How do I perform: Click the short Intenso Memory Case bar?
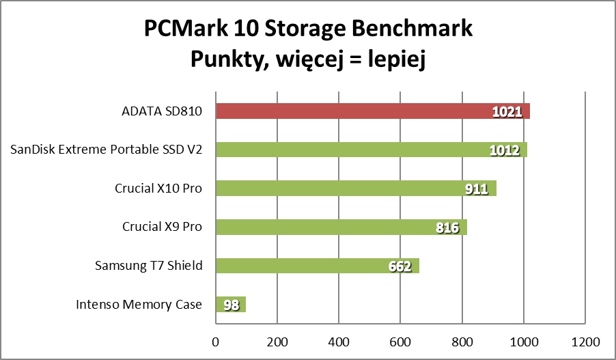pyautogui.click(x=225, y=305)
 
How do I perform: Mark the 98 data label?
pyautogui.click(x=232, y=305)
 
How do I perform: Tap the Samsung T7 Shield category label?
pyautogui.click(x=148, y=266)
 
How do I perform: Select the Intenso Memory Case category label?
pyautogui.click(x=139, y=305)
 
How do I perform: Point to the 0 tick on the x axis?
pyautogui.click(x=216, y=341)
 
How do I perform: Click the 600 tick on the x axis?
pyautogui.click(x=400, y=341)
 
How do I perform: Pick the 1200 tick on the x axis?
pyautogui.click(x=585, y=341)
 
